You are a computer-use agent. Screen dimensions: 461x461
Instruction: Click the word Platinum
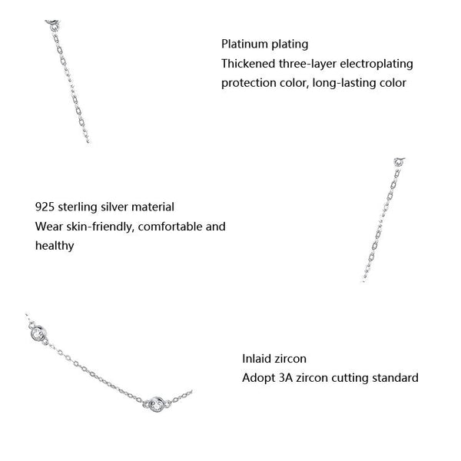pos(242,44)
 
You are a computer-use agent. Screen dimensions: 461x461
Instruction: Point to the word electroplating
pos(371,63)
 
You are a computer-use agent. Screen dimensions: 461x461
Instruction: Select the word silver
pos(114,207)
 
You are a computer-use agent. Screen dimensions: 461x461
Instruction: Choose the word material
pos(153,207)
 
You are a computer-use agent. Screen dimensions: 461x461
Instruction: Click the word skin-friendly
pos(96,227)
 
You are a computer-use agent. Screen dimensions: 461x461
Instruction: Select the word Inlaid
pos(257,358)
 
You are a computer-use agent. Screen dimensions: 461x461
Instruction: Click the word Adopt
pos(257,377)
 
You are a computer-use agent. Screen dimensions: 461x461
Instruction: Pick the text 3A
pos(286,377)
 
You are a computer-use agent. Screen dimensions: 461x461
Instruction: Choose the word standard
pos(395,377)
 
